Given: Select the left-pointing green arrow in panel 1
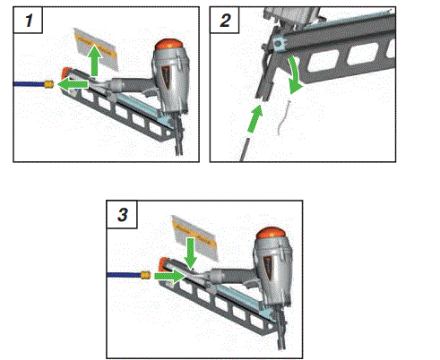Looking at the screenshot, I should pos(74,84).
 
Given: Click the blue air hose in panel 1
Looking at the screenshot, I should pos(26,83).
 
